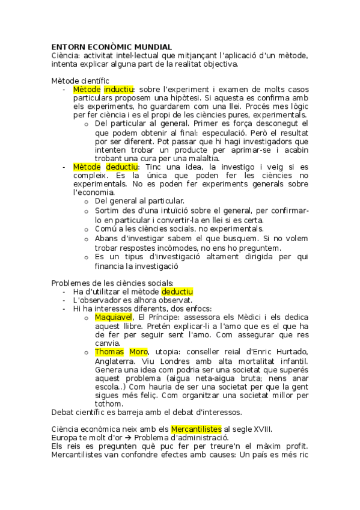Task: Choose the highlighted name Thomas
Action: (x=109, y=352)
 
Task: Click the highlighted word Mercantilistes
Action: (x=196, y=429)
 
